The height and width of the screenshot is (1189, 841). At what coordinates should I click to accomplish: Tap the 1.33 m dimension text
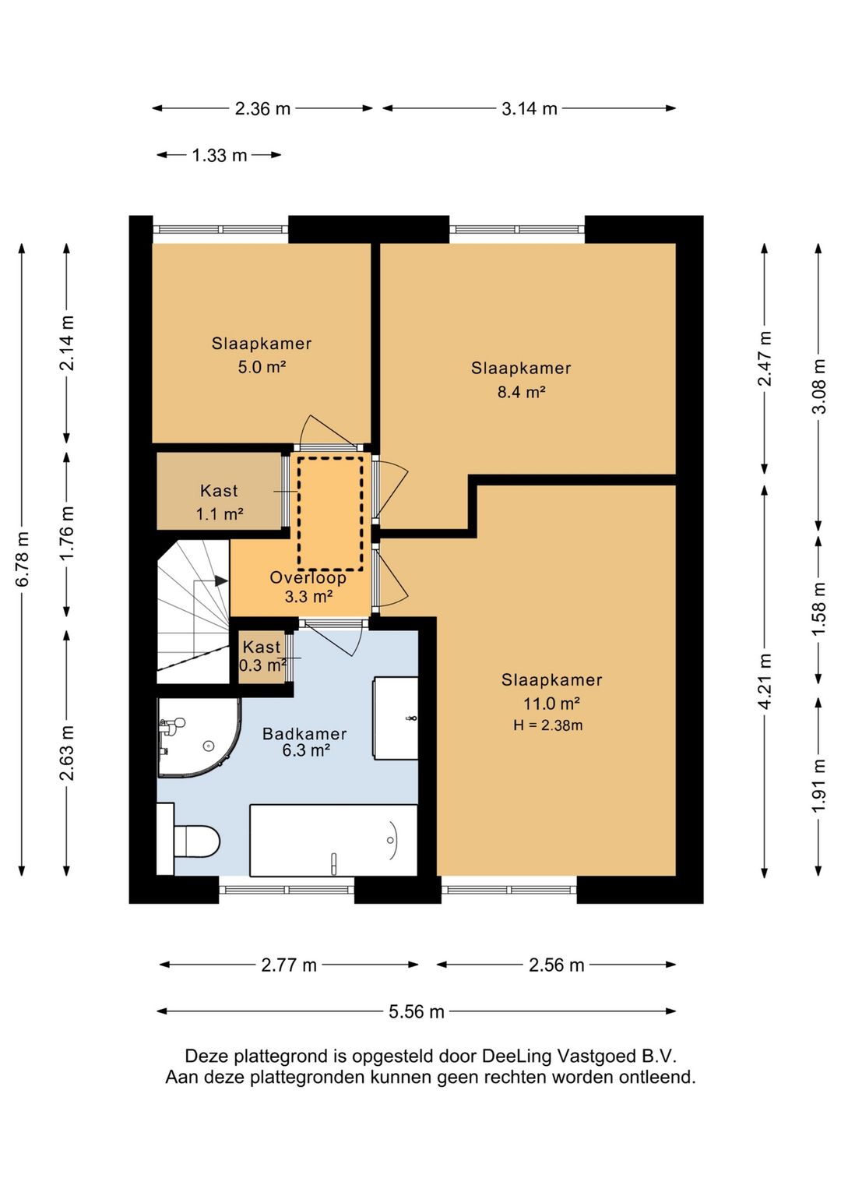(220, 156)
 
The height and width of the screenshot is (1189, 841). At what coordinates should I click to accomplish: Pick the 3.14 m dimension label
(530, 109)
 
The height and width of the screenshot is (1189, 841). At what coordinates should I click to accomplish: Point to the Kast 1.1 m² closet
(219, 492)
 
